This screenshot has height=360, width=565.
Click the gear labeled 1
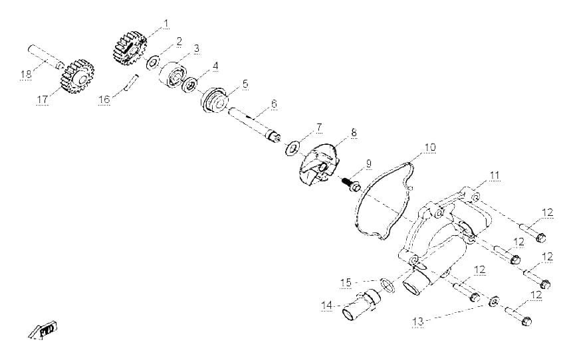(130, 48)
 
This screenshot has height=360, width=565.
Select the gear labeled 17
(78, 76)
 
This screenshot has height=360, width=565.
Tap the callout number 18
(26, 75)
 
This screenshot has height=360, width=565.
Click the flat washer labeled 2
(153, 62)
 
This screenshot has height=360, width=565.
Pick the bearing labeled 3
(173, 74)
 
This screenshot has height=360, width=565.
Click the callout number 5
(245, 84)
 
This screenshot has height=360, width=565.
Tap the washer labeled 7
(292, 148)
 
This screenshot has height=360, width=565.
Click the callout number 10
(430, 147)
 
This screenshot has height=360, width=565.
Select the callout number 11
(495, 175)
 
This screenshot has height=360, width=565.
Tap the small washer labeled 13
(493, 302)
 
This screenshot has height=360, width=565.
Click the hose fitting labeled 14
(361, 306)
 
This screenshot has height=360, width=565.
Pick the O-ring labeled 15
(388, 285)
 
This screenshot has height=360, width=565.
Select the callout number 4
(215, 66)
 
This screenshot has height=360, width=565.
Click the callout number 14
(327, 306)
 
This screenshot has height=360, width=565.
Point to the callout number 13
(418, 321)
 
